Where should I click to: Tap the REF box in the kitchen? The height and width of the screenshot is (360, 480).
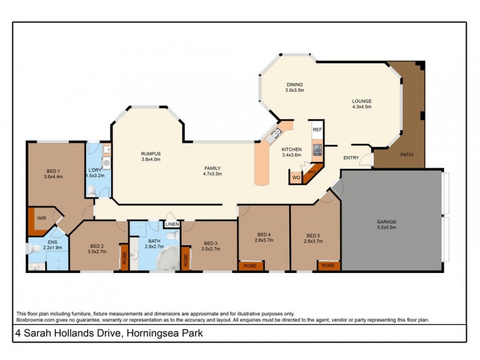(x=317, y=128)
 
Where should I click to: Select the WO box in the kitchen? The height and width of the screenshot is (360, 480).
(x=296, y=178)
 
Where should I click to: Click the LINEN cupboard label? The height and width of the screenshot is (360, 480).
(x=172, y=224)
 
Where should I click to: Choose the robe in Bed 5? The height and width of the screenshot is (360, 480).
(x=328, y=265)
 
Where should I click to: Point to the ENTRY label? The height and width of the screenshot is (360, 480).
(x=351, y=158)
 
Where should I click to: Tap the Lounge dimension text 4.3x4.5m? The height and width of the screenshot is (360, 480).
(x=361, y=107)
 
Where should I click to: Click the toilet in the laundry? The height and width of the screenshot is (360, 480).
(x=92, y=190)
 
